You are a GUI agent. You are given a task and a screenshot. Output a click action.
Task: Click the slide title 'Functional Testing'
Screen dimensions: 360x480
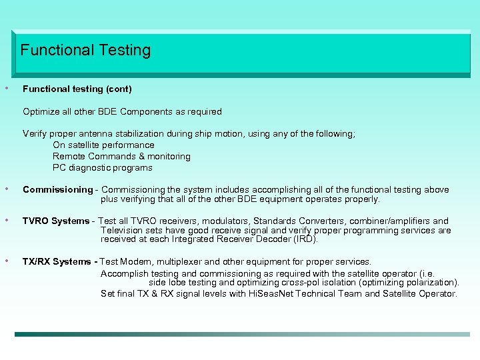pos(85,50)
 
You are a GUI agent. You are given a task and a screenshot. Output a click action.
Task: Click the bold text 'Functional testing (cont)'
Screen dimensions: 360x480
pos(77,89)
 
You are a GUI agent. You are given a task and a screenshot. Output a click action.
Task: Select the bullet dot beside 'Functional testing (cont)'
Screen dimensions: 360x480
pos(7,87)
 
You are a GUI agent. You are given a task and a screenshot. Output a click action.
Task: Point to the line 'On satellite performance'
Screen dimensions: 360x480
pos(103,145)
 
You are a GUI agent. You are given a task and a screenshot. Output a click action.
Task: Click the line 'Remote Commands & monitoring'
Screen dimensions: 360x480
pos(121,156)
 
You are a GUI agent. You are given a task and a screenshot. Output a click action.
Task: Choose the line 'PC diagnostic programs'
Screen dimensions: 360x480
pos(103,167)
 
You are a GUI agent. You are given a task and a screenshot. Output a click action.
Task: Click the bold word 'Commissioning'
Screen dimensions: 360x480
pos(57,190)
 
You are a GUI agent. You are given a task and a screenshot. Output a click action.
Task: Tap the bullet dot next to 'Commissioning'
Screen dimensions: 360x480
pos(7,189)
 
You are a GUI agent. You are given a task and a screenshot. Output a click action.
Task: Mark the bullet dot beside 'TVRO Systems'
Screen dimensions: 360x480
pos(7,220)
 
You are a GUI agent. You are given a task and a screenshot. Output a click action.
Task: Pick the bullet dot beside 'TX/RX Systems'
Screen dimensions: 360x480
pos(7,261)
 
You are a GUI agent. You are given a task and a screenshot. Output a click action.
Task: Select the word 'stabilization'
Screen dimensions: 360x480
pos(163,134)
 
